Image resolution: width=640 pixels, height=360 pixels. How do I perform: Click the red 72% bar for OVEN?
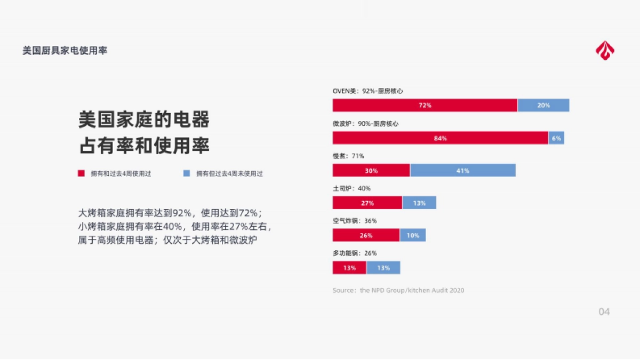[x=425, y=105]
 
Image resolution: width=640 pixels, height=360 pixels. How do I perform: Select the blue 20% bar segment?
[x=543, y=105]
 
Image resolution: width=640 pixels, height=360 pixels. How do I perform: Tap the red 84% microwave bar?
[x=441, y=138]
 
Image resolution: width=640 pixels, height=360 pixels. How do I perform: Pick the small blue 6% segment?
[x=556, y=138]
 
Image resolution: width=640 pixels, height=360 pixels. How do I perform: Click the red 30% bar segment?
[x=371, y=171]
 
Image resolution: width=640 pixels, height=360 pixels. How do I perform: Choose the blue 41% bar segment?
[x=463, y=171]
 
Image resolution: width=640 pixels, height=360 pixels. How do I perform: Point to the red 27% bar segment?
[x=367, y=203]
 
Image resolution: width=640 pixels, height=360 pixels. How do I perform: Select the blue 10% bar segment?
[x=413, y=235]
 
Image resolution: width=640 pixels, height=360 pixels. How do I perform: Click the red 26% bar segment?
[x=366, y=235]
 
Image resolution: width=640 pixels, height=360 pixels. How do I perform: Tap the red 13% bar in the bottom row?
[x=349, y=268]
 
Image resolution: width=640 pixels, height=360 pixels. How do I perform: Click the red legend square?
[x=81, y=173]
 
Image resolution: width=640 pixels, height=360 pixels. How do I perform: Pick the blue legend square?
[x=187, y=173]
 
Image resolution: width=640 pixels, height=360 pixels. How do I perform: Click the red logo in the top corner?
[x=605, y=51]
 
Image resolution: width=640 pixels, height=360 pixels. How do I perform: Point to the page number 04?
[x=604, y=311]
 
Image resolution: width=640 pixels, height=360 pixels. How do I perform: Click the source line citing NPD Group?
[x=398, y=290]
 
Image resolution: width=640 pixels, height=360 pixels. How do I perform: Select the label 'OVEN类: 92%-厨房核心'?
[x=367, y=91]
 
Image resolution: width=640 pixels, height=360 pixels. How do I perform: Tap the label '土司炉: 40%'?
[x=351, y=188]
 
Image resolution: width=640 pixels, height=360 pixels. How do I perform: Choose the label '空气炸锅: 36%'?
[x=355, y=221]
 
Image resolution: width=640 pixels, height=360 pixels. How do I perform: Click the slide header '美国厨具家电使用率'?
[x=65, y=51]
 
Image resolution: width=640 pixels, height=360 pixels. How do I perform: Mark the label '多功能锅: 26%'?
[x=355, y=253]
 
